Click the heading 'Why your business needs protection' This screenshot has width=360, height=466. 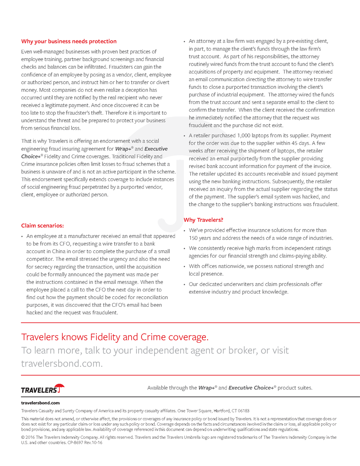69,42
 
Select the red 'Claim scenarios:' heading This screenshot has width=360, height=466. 42,226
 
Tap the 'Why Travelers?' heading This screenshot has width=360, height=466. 203,220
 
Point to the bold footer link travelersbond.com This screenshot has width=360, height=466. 40,403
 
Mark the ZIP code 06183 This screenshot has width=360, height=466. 243,411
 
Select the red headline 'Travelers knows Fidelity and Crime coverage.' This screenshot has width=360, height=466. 115,337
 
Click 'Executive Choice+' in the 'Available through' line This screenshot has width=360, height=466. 251,388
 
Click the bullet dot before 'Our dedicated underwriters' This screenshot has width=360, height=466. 185,284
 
